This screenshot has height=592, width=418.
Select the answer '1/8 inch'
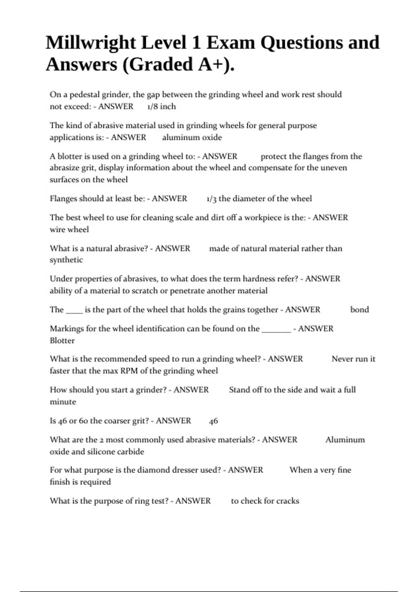[161, 107]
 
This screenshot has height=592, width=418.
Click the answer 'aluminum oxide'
[192, 138]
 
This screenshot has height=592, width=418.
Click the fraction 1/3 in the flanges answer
[211, 199]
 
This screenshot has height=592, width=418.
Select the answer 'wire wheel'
[69, 229]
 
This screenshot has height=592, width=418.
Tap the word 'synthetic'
[66, 260]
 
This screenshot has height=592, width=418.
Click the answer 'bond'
[359, 310]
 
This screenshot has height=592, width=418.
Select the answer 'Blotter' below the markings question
[62, 341]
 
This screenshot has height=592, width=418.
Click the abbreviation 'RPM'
[129, 371]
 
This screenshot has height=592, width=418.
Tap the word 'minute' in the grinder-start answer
[63, 402]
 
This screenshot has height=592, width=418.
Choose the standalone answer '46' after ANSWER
[214, 421]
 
